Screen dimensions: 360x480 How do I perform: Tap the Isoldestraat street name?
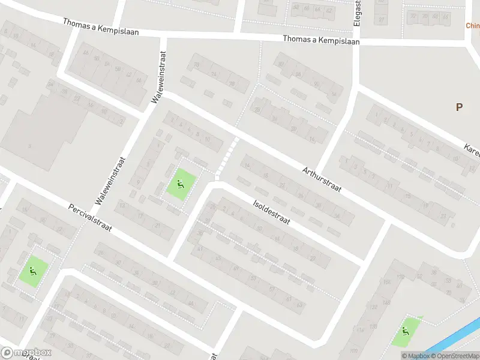(272, 212)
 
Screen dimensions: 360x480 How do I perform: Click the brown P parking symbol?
(459, 107)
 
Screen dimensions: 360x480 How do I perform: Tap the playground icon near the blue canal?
(406, 331)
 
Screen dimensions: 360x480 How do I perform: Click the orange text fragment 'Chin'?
(473, 26)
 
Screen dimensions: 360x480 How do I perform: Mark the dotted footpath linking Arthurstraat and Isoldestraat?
(226, 157)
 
